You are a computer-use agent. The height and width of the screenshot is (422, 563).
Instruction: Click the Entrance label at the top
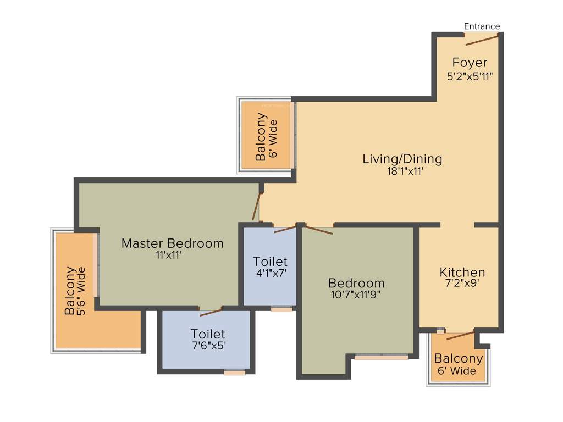[482, 26]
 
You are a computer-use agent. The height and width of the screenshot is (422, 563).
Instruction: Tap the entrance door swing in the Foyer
[482, 38]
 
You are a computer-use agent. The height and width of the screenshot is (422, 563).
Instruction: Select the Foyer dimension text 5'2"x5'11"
[469, 76]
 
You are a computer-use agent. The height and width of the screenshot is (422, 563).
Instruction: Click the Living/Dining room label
[402, 159]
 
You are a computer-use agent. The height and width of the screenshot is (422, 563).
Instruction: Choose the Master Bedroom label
[172, 243]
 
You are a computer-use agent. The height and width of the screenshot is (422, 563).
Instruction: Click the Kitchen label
[462, 272]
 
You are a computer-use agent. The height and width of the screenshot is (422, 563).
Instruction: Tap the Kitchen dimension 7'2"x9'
[462, 284]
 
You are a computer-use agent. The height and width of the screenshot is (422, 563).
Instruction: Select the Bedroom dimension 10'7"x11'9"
[356, 294]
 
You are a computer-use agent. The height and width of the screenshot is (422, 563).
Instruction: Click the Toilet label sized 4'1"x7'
[270, 261]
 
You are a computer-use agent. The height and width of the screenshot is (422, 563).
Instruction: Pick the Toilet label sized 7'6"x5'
[208, 334]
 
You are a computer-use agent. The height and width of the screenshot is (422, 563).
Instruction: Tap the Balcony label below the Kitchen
[459, 359]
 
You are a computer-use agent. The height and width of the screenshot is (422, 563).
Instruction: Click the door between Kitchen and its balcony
[460, 335]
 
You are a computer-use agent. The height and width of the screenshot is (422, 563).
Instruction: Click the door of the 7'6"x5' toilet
[211, 312]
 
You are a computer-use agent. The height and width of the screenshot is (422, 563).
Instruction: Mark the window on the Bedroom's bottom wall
[381, 357]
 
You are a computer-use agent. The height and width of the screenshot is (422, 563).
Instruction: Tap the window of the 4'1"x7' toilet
[282, 309]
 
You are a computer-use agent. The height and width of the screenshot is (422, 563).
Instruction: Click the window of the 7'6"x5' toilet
[235, 373]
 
